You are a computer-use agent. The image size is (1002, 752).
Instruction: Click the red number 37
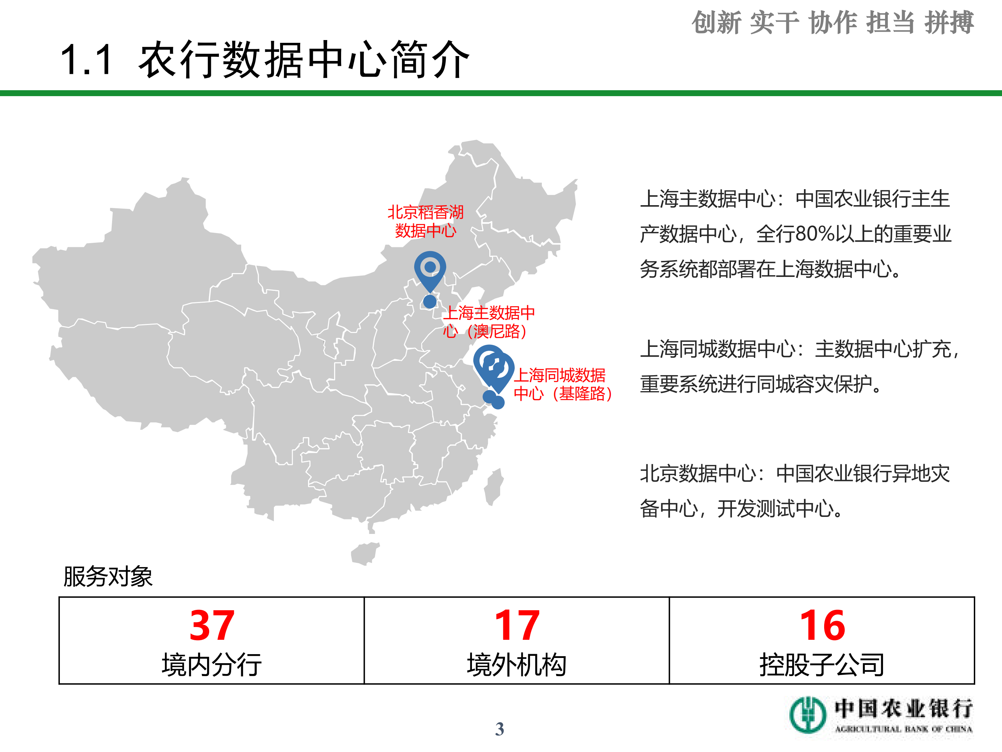point(212,626)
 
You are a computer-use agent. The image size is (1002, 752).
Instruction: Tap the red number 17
point(517,626)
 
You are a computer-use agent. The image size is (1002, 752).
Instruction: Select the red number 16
point(822,626)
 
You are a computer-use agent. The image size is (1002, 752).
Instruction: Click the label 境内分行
point(212,665)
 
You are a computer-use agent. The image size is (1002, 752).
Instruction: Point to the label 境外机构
point(517,665)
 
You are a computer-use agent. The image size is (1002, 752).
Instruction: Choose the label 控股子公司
point(822,665)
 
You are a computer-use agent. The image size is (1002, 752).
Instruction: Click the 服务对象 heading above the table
point(108,576)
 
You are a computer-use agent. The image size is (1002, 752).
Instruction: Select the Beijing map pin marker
point(430,270)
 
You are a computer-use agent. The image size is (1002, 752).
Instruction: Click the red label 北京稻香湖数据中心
point(425,221)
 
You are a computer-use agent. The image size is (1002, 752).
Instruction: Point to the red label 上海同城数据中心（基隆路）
point(562,385)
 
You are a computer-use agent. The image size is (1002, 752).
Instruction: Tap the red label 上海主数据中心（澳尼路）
point(488,322)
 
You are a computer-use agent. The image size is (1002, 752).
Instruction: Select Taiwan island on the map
point(494,487)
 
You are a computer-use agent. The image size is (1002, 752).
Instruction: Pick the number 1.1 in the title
point(86,60)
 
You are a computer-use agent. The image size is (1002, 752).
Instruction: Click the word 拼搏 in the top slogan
point(949,23)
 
